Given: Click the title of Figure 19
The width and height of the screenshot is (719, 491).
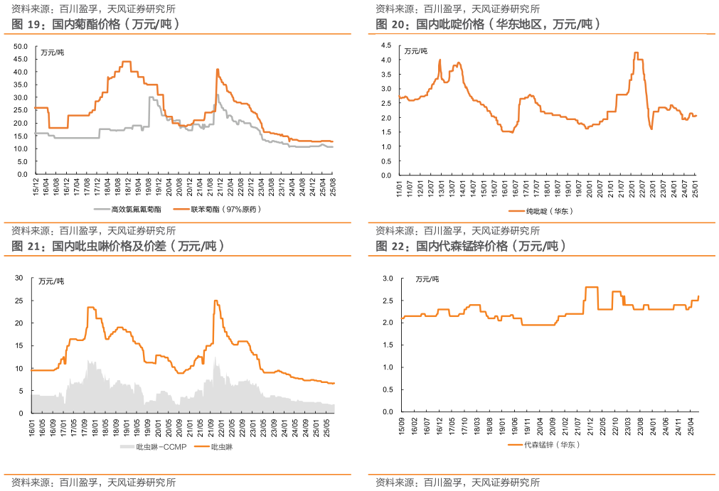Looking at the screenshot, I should coord(95,24).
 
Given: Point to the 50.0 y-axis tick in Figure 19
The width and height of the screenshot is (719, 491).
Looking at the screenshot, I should coord(21,47).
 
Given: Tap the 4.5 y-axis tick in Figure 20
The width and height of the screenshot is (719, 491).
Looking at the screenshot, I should coord(386,45).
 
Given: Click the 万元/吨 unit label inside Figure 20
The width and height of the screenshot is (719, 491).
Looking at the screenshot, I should coord(416,51).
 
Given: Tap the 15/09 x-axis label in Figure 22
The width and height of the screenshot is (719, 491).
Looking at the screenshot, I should coord(403,426).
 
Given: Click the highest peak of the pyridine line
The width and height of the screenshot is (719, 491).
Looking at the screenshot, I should coord(636,53).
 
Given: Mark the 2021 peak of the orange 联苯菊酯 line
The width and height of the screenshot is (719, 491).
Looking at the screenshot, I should coord(217,69).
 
